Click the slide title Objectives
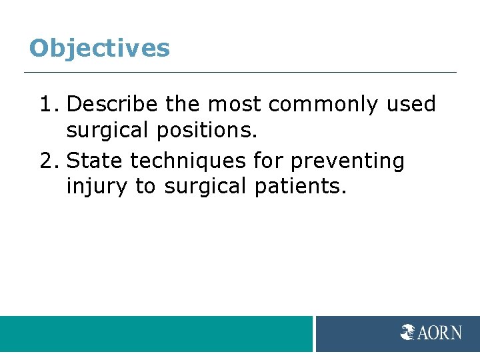(99, 48)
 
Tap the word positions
(207, 131)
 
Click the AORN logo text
(440, 332)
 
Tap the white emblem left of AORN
(408, 332)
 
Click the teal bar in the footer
(156, 334)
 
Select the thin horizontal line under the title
(240, 72)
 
